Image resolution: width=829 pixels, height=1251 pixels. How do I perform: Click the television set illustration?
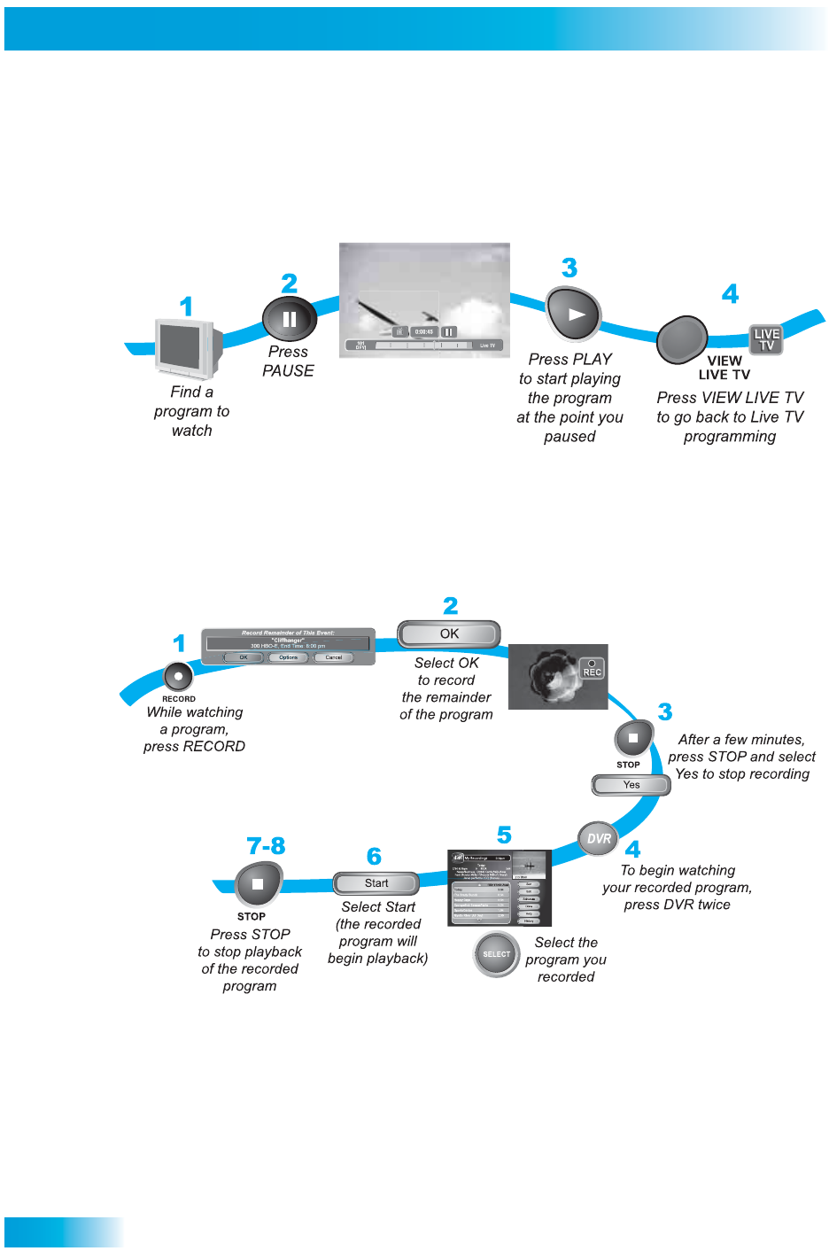(185, 348)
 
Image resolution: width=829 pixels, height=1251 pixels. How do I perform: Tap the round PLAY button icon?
(573, 315)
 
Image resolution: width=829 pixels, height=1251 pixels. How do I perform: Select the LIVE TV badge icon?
(766, 339)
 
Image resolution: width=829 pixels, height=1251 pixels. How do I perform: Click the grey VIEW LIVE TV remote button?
(682, 339)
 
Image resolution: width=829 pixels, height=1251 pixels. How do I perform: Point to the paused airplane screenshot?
(424, 299)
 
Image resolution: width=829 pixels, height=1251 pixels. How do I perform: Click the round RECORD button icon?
(178, 677)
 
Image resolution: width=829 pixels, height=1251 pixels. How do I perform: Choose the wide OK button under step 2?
(449, 634)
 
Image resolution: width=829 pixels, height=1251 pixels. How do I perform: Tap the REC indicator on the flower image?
(592, 669)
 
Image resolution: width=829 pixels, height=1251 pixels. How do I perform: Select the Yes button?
(631, 785)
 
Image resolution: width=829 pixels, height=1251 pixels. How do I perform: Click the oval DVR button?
(599, 838)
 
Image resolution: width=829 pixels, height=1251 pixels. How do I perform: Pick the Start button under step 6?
(376, 883)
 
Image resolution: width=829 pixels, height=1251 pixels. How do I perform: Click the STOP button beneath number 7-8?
(258, 884)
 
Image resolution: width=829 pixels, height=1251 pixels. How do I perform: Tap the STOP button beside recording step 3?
(633, 738)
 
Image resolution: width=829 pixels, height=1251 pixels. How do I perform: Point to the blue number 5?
(504, 835)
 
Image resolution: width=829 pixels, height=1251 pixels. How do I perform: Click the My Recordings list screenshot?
(500, 889)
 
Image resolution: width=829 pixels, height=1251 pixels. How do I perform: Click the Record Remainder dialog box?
(288, 647)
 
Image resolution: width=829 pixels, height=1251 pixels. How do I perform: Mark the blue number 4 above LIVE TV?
(730, 294)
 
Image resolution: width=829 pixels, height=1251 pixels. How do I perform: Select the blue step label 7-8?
(266, 846)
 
